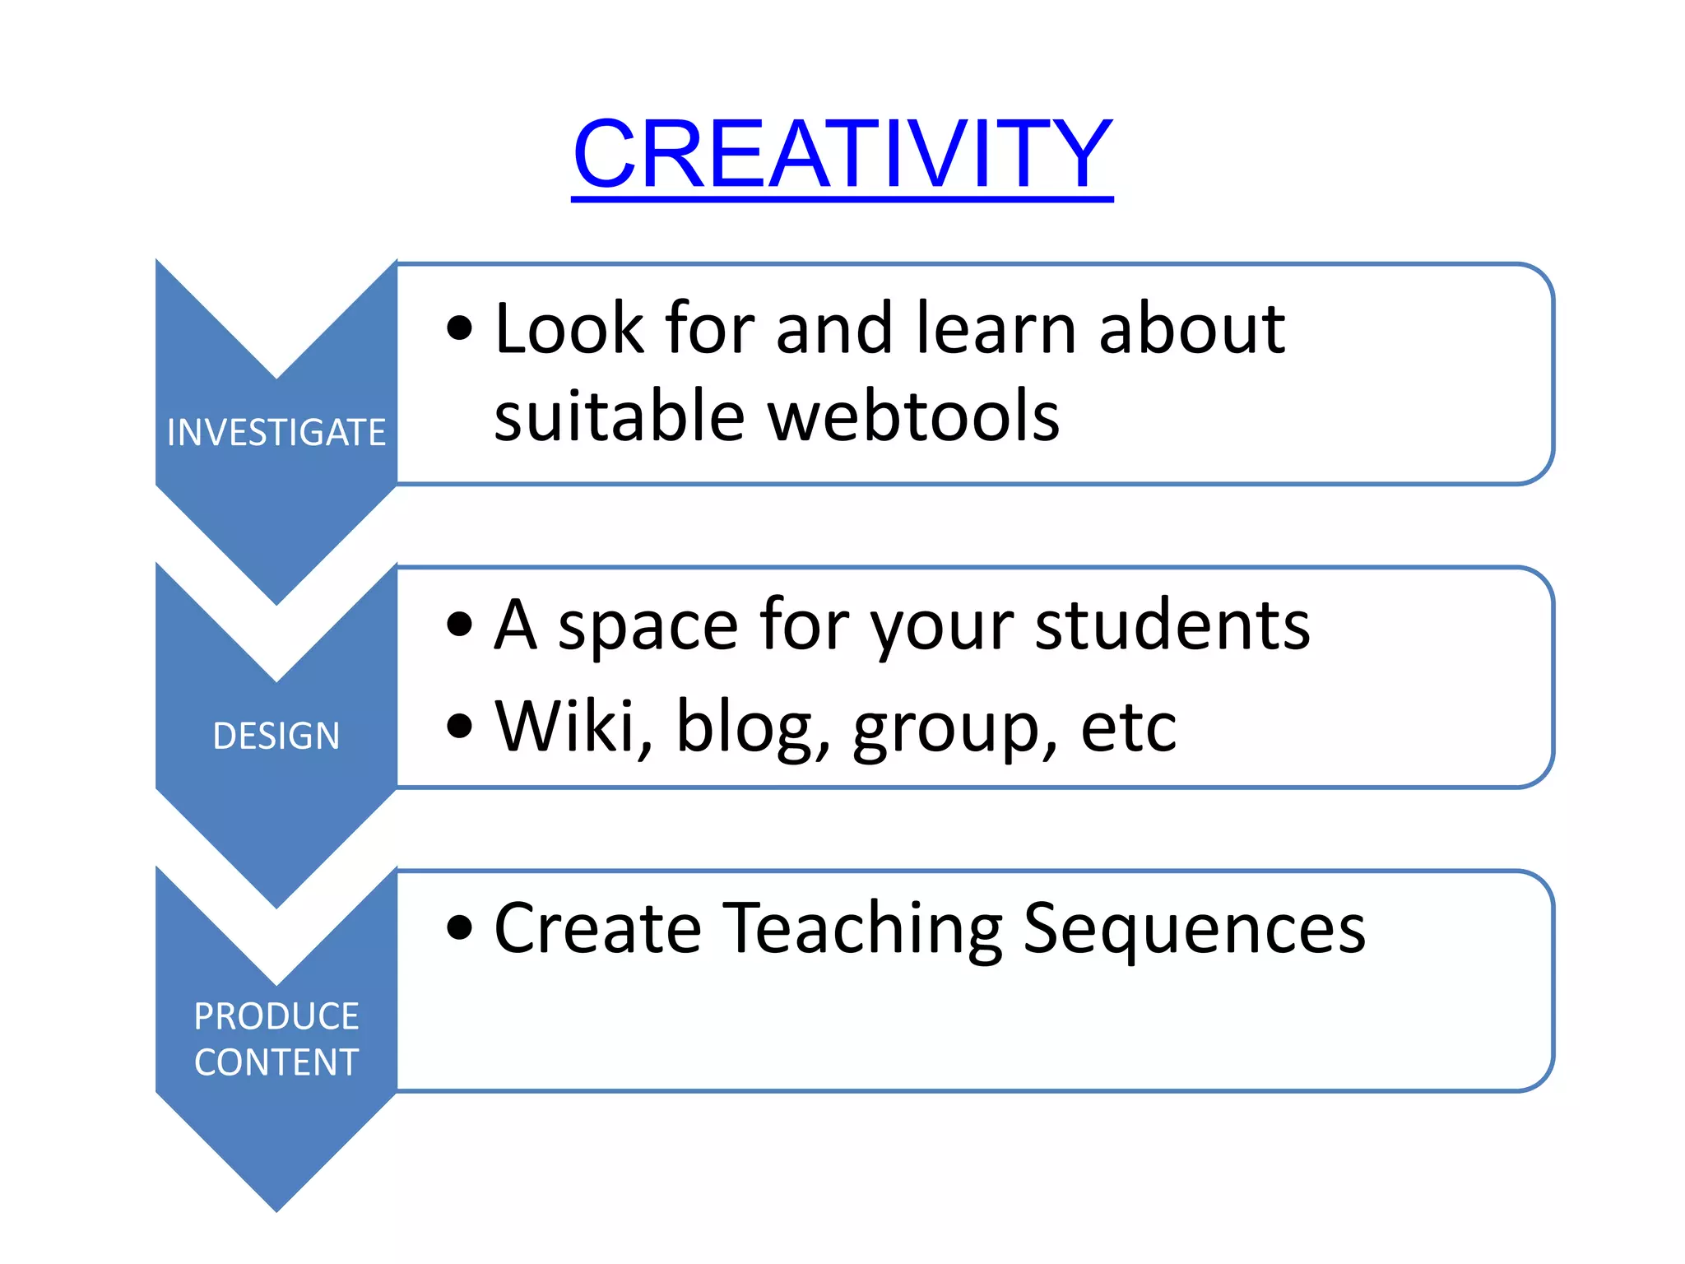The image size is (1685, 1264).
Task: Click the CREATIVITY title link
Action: tap(842, 155)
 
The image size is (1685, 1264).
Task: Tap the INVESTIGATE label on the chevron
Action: tap(276, 433)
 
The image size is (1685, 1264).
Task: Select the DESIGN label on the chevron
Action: tap(276, 736)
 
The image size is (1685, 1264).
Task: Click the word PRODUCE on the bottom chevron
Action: tap(276, 1016)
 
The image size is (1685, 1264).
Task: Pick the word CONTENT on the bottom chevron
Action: tap(276, 1062)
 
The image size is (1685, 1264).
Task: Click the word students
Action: tap(1172, 625)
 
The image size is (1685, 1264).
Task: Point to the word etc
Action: tap(1128, 727)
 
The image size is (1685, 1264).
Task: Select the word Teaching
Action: tap(863, 930)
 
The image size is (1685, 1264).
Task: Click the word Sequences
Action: tap(1193, 930)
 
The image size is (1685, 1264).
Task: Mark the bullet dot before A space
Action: tap(460, 625)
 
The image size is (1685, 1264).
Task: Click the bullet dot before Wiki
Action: tap(460, 726)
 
